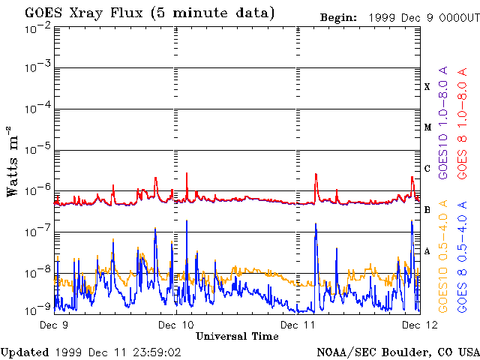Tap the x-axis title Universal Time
(x=237, y=336)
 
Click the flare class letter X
(x=427, y=87)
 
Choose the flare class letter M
(x=427, y=127)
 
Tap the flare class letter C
(x=427, y=169)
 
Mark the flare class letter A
(x=427, y=250)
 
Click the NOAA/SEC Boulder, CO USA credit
(x=397, y=352)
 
